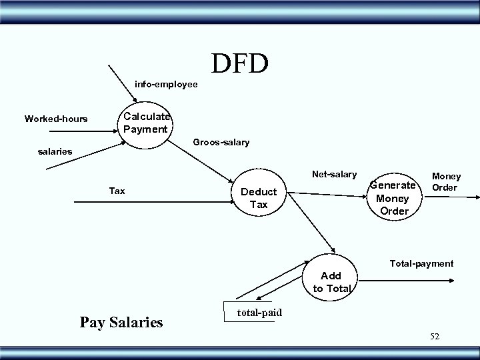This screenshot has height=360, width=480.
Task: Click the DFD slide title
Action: [x=240, y=63]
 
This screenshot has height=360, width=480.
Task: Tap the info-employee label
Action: [x=166, y=85]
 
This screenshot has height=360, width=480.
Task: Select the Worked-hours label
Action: [x=56, y=119]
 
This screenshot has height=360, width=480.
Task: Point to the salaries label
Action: [x=53, y=152]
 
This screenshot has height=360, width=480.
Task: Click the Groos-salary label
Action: [x=221, y=142]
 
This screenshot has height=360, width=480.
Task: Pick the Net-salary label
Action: [x=334, y=175]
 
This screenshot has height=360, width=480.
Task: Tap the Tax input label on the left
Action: [x=117, y=191]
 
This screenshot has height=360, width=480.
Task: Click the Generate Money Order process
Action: [x=394, y=198]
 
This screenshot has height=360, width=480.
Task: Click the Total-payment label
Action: [x=421, y=263]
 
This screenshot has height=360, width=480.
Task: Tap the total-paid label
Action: [x=260, y=313]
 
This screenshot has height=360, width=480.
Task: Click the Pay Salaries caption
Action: [x=121, y=323]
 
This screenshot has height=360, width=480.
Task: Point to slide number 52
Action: [x=435, y=337]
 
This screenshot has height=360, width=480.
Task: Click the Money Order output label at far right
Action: [x=446, y=181]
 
